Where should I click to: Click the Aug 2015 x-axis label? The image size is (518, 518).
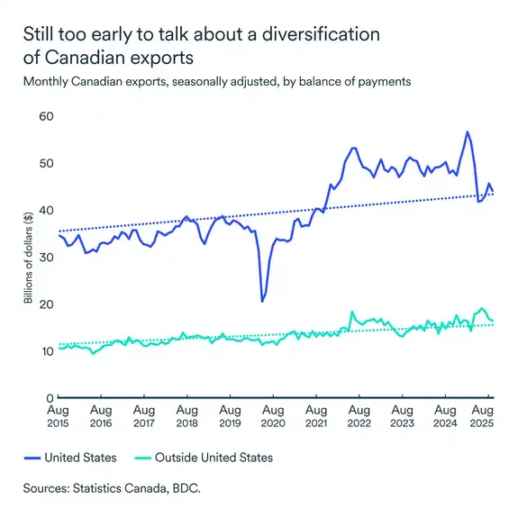[x=59, y=415]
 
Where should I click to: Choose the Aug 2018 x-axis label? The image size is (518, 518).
[x=186, y=415]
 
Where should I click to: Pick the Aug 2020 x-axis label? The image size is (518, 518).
[x=272, y=415]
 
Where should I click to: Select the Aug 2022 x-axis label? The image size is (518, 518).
[x=358, y=415]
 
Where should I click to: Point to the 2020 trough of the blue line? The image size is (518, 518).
[x=262, y=301]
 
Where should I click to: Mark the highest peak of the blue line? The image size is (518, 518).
[x=467, y=132]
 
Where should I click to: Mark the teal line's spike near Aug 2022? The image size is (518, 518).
[x=351, y=313]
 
